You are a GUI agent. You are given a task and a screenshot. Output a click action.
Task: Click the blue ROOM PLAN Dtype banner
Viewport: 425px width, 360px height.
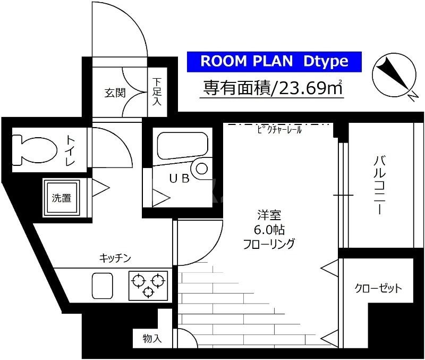[274, 62]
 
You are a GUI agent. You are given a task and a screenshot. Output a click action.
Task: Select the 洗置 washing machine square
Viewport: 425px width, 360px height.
[62, 198]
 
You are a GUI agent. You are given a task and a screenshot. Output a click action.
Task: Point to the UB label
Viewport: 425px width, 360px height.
[179, 179]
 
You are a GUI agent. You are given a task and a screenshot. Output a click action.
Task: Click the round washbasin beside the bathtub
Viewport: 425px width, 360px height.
[202, 169]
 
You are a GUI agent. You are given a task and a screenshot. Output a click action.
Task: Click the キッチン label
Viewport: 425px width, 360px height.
[115, 258]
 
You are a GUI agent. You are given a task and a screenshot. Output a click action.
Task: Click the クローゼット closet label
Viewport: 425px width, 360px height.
[378, 289]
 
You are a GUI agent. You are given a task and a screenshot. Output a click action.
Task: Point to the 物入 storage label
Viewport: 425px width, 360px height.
[152, 338]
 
